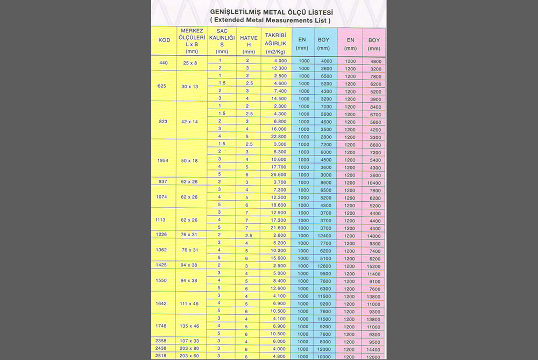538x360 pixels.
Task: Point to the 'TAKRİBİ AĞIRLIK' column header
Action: click(x=276, y=41)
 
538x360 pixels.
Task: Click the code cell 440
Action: click(x=164, y=63)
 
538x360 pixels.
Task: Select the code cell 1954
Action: click(x=164, y=160)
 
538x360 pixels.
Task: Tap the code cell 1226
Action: click(x=164, y=235)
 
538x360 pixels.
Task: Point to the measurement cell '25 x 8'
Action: click(x=190, y=63)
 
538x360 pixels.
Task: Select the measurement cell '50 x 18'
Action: click(x=189, y=160)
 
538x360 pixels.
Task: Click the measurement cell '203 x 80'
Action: click(x=189, y=348)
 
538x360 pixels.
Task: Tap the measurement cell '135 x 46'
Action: click(x=189, y=326)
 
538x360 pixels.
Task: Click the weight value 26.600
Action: click(x=276, y=174)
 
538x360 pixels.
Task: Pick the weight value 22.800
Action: click(x=276, y=137)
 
